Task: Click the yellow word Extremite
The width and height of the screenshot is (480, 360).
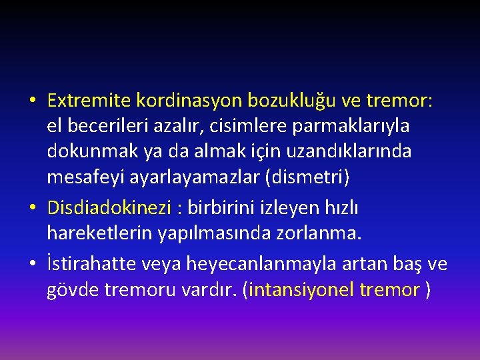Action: [x=89, y=101]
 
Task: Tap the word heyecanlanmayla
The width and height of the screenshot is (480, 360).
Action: [x=248, y=265]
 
